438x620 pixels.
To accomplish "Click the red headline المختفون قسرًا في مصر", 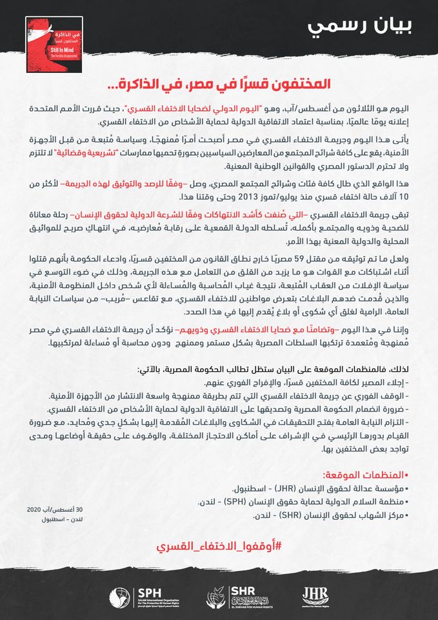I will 219,85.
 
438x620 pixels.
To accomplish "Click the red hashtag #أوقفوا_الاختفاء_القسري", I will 219,546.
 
